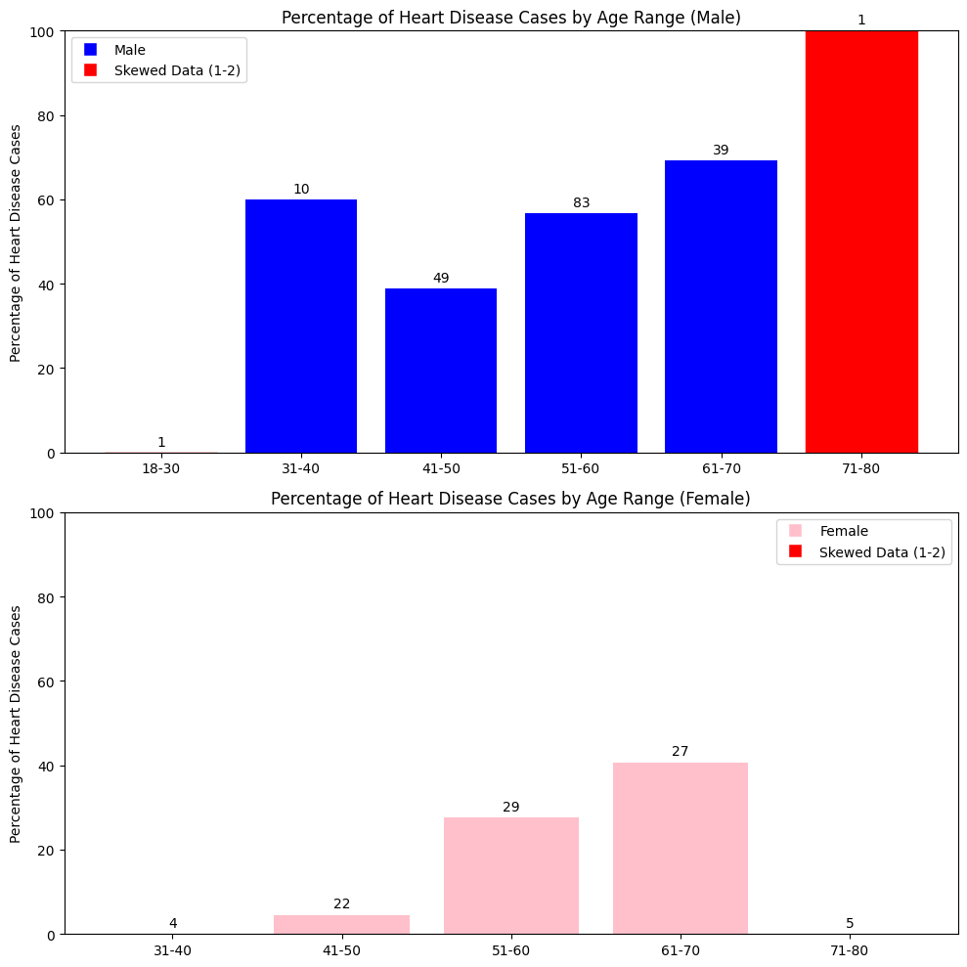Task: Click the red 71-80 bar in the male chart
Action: pos(860,242)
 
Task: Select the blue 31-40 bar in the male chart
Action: pos(301,326)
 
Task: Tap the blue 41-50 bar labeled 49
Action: pos(441,370)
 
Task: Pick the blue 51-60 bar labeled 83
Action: pos(581,332)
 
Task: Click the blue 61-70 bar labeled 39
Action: pos(721,306)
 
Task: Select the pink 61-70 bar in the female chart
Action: pos(680,848)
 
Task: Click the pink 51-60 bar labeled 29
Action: pos(510,875)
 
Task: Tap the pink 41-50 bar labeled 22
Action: pos(341,924)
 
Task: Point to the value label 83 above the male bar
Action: pos(581,203)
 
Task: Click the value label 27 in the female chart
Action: pos(680,752)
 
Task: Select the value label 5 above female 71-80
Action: pos(849,923)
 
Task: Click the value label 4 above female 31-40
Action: pos(173,923)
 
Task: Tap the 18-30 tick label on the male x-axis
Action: pos(161,468)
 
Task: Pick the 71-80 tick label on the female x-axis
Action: pos(849,949)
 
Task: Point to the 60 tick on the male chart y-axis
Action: pos(45,200)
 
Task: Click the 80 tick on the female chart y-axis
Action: pos(45,597)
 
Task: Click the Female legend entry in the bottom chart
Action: pos(843,531)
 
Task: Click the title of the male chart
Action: pos(510,17)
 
